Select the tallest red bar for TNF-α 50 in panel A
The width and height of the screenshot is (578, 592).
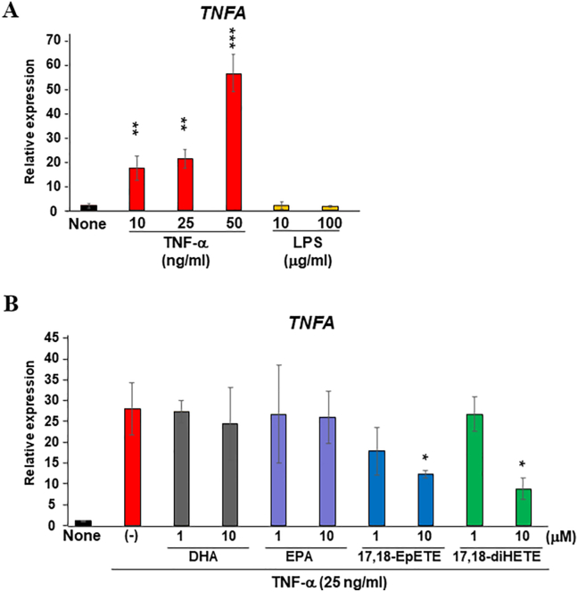pyautogui.click(x=236, y=143)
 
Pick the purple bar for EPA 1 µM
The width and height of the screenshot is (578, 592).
pyautogui.click(x=279, y=470)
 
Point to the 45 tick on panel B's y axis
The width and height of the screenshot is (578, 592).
pyautogui.click(x=56, y=337)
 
